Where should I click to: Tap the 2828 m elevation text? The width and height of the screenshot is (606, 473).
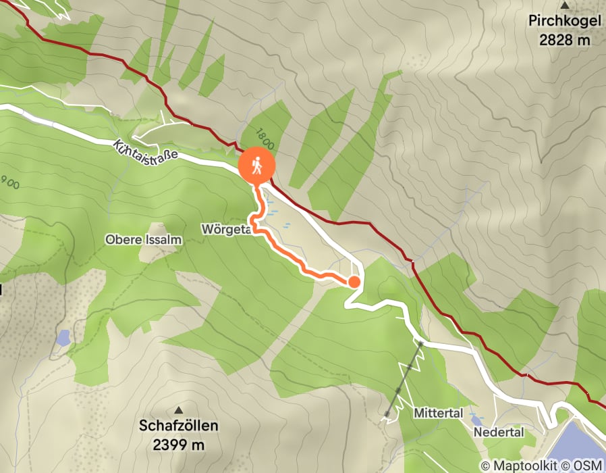565,40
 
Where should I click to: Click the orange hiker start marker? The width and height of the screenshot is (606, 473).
257,165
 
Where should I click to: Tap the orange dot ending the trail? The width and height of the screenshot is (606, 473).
354,282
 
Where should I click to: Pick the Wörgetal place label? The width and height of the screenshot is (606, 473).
226,230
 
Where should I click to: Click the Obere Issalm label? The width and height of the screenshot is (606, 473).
138,239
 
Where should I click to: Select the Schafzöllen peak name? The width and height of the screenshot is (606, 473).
179,426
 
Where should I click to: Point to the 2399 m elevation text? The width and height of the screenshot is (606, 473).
179,445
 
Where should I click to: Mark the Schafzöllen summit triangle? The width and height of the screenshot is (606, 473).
179,409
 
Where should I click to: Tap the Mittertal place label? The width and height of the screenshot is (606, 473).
439,413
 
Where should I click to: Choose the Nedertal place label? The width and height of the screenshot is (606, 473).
499,432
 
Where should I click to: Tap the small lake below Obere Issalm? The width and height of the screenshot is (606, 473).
63,338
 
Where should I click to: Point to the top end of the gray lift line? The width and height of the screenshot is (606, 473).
420,344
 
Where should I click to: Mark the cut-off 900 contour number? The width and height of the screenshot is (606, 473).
10,182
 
